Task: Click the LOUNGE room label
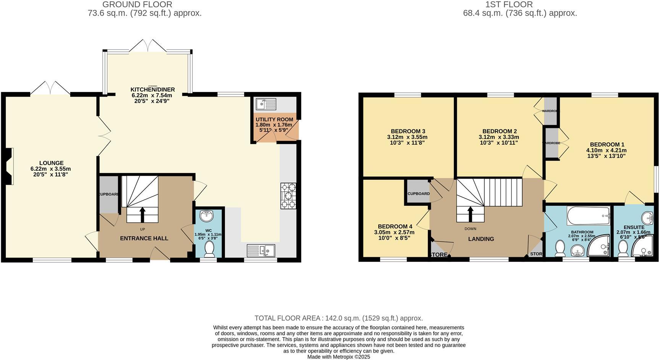tap(51, 163)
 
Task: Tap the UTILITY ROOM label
tap(274, 119)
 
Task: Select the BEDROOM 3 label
tap(408, 131)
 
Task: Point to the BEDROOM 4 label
tap(395, 226)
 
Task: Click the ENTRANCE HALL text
tap(144, 238)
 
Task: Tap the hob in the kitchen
tap(289, 196)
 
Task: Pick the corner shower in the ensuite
tap(643, 246)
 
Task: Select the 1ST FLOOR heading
tap(509, 5)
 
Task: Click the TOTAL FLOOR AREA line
tap(339, 318)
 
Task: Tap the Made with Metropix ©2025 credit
tap(339, 357)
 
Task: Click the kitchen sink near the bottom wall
tap(261, 250)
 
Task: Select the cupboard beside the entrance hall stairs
tap(109, 194)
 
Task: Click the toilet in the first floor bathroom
tap(560, 248)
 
